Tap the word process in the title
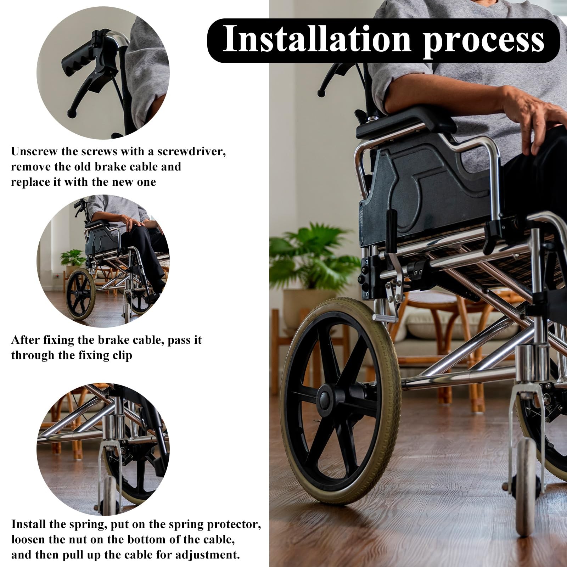[484, 41]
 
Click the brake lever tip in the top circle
[71, 114]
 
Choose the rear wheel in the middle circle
[81, 294]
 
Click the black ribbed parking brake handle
[391, 232]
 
